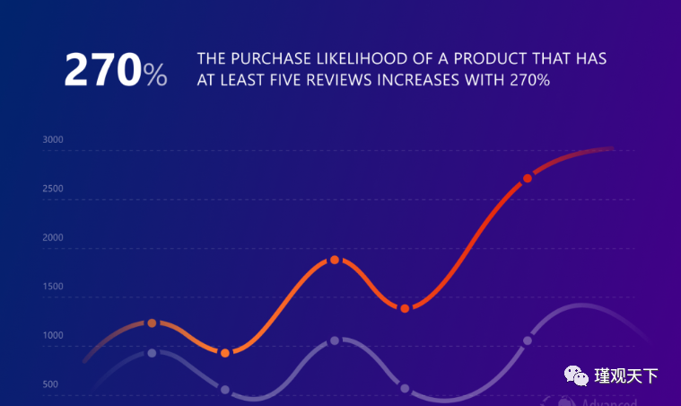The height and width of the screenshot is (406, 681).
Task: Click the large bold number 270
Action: pos(101,71)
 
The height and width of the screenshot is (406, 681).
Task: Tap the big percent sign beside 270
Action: pos(154,75)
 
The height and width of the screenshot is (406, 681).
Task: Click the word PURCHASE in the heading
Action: pos(266,60)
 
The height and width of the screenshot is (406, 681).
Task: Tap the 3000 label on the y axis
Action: pos(52,140)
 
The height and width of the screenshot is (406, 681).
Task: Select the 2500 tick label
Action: pos(52,189)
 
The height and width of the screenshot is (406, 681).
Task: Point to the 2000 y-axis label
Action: pos(52,238)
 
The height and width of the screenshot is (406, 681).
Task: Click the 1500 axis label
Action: pos(52,287)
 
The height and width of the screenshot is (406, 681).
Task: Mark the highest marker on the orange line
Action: pos(527,178)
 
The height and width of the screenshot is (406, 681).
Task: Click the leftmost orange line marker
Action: pos(152,322)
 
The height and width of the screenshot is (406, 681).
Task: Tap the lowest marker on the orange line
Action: pos(225,353)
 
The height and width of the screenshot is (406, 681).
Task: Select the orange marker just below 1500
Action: pos(405,308)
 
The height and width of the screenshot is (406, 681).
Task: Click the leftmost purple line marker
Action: pos(152,353)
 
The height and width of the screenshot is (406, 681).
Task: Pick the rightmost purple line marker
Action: pos(527,340)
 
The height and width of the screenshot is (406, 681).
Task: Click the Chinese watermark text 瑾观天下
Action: pos(626,375)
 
